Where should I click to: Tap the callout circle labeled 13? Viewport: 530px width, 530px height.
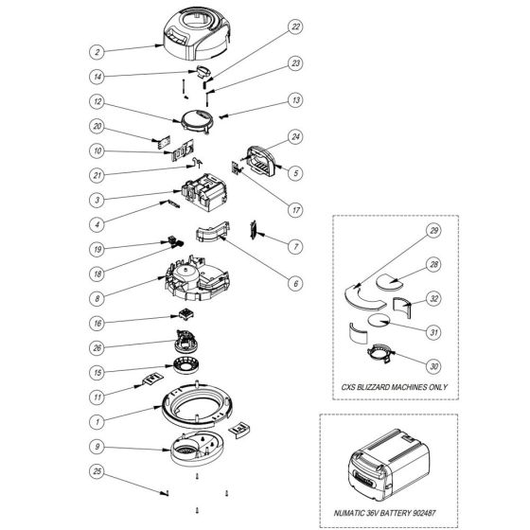click(x=296, y=99)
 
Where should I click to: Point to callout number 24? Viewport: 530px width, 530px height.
click(x=296, y=137)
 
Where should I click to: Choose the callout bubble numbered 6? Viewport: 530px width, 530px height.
click(x=296, y=281)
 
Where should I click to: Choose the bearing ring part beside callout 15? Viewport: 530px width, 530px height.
click(x=192, y=369)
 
